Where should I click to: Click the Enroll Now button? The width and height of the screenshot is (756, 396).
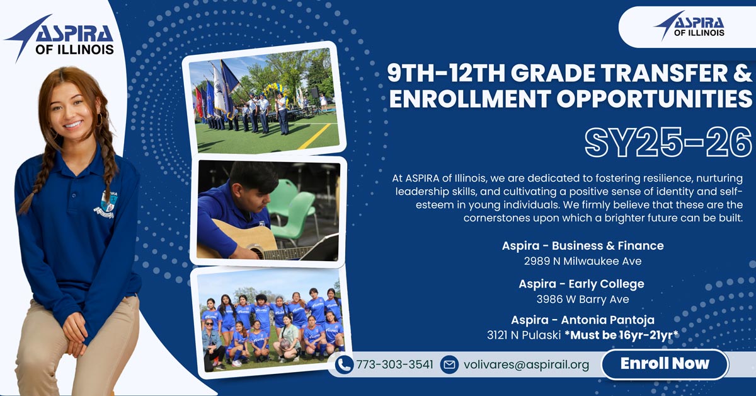pyautogui.click(x=665, y=364)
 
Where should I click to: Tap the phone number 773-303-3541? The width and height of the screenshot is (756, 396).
pyautogui.click(x=394, y=364)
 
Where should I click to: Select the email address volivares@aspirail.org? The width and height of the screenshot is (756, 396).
pyautogui.click(x=526, y=365)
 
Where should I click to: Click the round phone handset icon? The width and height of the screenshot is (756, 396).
pyautogui.click(x=345, y=365)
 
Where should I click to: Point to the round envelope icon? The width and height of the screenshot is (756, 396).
pyautogui.click(x=449, y=365)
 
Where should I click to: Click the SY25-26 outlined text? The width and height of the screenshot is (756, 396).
pyautogui.click(x=668, y=143)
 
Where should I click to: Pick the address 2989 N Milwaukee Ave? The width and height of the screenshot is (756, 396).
pyautogui.click(x=583, y=261)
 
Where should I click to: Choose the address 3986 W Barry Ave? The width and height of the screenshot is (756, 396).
pyautogui.click(x=583, y=300)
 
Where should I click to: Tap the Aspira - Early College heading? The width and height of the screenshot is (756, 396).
pyautogui.click(x=581, y=284)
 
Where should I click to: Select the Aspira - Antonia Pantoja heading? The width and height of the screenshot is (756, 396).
pyautogui.click(x=583, y=320)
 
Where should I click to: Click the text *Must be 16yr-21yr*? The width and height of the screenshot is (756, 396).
pyautogui.click(x=621, y=335)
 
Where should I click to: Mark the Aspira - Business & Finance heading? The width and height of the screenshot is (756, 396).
pyautogui.click(x=583, y=246)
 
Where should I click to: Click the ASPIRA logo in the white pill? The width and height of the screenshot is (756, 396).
pyautogui.click(x=690, y=26)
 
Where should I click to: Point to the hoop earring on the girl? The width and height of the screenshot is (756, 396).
pyautogui.click(x=100, y=120)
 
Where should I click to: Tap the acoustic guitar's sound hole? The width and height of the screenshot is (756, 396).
pyautogui.click(x=257, y=252)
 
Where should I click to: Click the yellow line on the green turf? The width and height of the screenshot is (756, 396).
pyautogui.click(x=314, y=137)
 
